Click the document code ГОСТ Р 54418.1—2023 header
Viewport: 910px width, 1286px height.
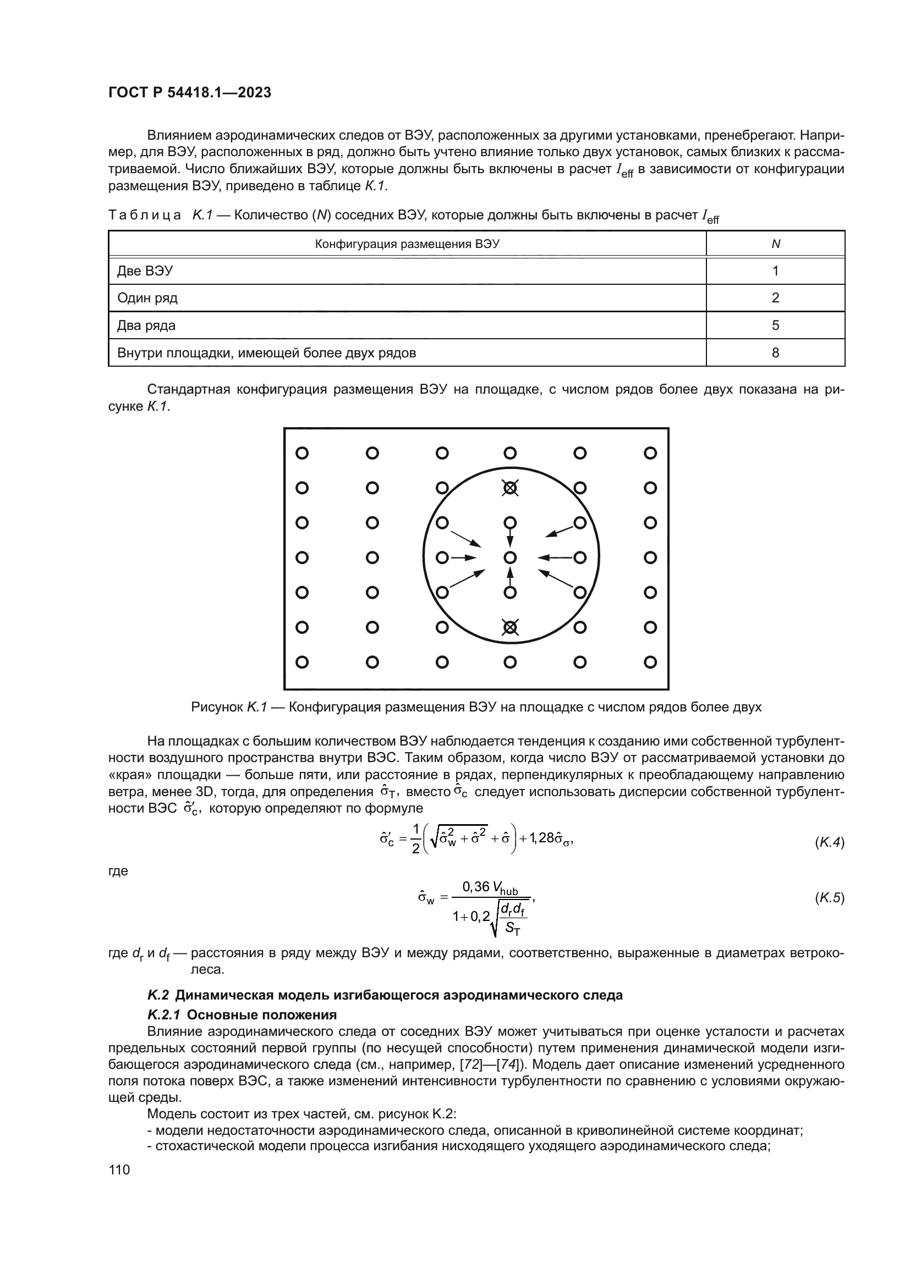pos(189,93)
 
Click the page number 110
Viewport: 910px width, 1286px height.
pos(119,1170)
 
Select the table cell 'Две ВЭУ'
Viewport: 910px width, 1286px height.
pos(145,271)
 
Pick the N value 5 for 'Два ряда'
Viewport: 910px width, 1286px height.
pos(775,325)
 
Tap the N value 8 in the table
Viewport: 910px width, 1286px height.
pos(775,353)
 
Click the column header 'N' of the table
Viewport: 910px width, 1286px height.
pos(776,244)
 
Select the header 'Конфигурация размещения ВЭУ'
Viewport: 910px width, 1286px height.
pos(407,244)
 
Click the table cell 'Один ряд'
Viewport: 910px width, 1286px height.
pos(147,298)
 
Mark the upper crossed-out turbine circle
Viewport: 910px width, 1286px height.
pos(509,488)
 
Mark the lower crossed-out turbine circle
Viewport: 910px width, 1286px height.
pos(509,628)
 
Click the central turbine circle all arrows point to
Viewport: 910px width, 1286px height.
pos(509,558)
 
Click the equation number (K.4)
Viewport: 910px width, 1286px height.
pos(829,842)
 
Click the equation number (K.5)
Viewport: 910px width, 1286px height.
pos(829,898)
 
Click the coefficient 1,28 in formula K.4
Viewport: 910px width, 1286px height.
pos(541,838)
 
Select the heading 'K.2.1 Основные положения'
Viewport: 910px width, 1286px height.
pos(242,1015)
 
